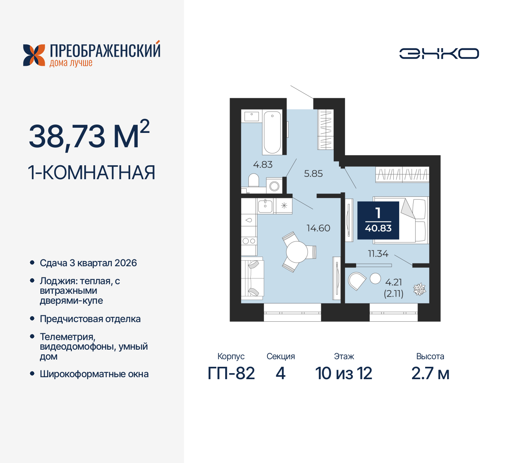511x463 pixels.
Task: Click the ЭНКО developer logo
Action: pyautogui.click(x=439, y=53)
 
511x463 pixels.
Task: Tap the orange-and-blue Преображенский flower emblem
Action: pyautogui.click(x=34, y=55)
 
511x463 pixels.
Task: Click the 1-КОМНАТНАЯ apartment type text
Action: pyautogui.click(x=91, y=173)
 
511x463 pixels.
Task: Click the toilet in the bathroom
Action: pyautogui.click(x=254, y=181)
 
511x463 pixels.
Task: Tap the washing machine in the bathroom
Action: pyautogui.click(x=274, y=186)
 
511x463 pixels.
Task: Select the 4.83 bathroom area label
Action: pyautogui.click(x=263, y=164)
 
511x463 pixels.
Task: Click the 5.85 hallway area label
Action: pyautogui.click(x=313, y=174)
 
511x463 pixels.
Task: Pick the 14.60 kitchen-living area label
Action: pyautogui.click(x=318, y=228)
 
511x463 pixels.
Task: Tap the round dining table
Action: pyautogui.click(x=297, y=252)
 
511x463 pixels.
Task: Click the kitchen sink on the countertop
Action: pyautogui.click(x=265, y=206)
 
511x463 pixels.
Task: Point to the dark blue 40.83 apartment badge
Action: pyautogui.click(x=378, y=220)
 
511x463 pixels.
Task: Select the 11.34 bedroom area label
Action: pyautogui.click(x=378, y=254)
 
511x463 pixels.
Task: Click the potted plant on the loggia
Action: pyautogui.click(x=419, y=289)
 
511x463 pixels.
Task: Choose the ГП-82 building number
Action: pyautogui.click(x=231, y=374)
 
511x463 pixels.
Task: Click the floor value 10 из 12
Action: pyautogui.click(x=343, y=374)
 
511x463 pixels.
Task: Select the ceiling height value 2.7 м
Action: pyautogui.click(x=430, y=374)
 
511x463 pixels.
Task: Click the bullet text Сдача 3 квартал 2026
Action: pyautogui.click(x=88, y=263)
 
